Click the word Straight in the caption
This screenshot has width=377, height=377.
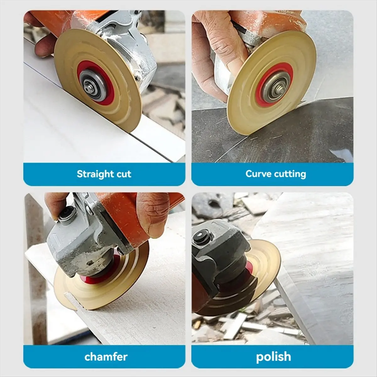click(x=95, y=174)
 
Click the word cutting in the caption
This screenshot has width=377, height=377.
click(x=289, y=174)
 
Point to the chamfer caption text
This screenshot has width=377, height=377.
click(x=106, y=357)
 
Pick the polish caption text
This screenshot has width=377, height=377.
click(x=273, y=357)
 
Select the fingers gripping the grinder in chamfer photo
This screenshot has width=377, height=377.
click(x=151, y=214)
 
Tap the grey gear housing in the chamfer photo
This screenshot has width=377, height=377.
click(x=82, y=248)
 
